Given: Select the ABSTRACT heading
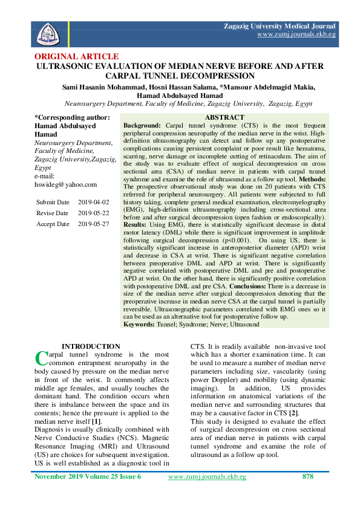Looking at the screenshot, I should (224, 117).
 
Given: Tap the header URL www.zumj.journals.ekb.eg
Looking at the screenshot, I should (296, 35).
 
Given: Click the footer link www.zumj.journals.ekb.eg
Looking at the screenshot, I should (207, 476).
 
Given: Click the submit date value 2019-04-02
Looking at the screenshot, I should (94, 201).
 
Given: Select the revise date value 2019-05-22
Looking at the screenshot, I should (94, 213).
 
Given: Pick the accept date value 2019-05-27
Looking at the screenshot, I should (94, 224).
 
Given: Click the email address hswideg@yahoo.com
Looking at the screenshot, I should (66, 184).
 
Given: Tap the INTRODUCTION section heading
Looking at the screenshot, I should (91, 346).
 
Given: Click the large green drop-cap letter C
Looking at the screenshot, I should (41, 358).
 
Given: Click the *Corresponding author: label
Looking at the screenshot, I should (72, 117).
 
